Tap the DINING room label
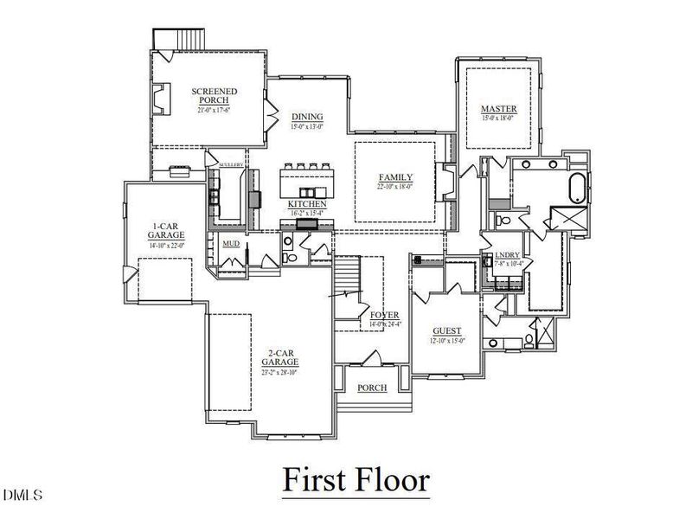307,117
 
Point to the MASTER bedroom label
499,108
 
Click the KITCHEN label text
307,204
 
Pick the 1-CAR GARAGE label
164,230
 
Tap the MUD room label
231,244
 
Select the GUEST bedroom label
447,331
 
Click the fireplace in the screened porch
161,98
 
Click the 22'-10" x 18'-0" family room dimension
394,186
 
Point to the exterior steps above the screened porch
166,40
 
